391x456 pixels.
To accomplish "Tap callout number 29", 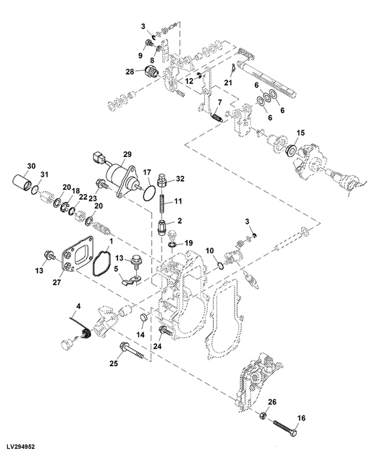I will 127,155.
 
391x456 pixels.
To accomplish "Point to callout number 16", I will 302,418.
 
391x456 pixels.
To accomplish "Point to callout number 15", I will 301,132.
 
